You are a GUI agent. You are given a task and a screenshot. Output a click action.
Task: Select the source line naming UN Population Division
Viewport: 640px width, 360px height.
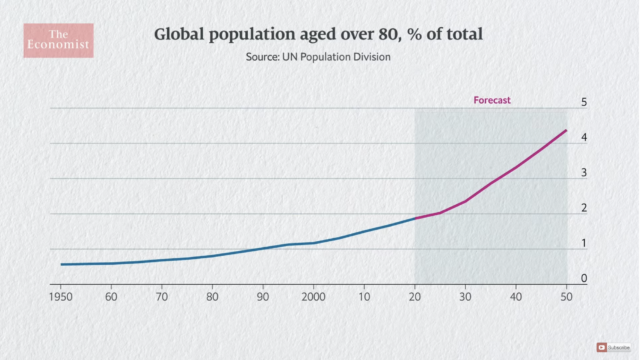(318, 58)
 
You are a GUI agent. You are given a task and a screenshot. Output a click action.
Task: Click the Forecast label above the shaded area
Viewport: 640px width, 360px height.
(492, 100)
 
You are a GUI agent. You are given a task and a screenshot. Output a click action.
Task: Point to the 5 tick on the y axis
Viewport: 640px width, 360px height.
(584, 103)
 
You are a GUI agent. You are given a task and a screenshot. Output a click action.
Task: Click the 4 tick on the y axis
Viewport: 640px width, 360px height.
(584, 138)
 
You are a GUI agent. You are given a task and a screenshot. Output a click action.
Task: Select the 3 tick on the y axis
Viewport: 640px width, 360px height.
(584, 173)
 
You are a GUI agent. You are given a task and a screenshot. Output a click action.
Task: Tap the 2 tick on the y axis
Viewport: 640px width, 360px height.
(584, 208)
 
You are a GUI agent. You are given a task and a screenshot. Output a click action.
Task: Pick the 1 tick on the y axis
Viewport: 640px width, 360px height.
(584, 243)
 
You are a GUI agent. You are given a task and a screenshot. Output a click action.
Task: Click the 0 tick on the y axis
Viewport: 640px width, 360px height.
(584, 278)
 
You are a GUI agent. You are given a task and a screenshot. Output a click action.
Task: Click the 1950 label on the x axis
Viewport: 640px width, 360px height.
(61, 297)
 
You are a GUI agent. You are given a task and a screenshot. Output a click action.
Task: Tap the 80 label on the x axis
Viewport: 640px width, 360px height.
(213, 297)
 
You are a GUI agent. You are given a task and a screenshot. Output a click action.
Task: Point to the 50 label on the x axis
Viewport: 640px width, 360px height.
(567, 297)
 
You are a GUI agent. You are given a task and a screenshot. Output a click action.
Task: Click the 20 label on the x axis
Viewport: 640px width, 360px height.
(415, 297)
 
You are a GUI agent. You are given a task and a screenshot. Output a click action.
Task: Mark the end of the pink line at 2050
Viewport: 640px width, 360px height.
(567, 130)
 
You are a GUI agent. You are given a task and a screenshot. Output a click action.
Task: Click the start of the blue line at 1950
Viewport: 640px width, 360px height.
(61, 264)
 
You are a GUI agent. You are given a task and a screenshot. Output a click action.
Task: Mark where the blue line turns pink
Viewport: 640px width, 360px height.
(415, 218)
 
